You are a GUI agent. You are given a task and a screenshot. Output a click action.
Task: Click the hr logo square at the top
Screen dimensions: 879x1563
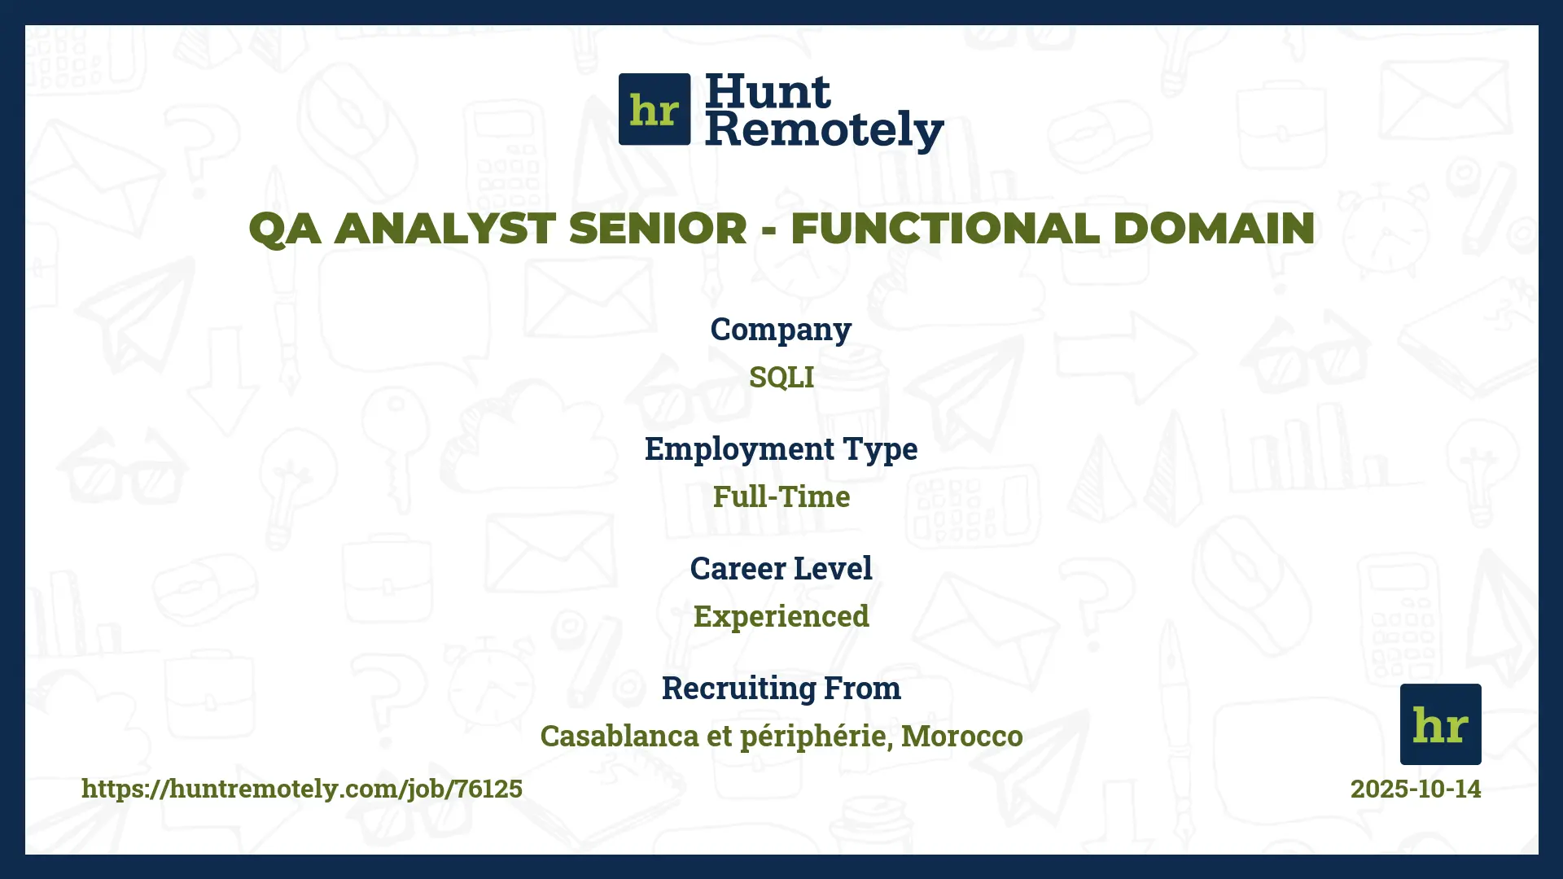655,109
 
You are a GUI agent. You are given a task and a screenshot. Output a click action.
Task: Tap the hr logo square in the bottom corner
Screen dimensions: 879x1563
1440,724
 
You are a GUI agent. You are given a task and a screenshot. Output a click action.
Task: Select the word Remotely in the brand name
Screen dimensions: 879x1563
824,130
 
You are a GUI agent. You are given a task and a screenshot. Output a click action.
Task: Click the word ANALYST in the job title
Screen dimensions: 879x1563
445,228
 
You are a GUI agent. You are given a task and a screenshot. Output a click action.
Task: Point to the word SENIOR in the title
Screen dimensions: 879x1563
658,228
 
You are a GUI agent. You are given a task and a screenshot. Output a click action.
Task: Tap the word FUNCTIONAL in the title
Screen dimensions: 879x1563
945,228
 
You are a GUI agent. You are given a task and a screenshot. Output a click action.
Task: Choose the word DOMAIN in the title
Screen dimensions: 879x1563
1213,228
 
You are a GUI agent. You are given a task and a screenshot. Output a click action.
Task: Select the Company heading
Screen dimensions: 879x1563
781,330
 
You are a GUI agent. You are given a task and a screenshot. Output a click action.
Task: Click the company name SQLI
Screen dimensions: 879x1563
781,377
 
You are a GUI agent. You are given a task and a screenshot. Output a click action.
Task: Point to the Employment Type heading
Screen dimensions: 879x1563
781,449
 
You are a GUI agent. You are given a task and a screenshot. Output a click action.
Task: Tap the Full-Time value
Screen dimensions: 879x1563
781,496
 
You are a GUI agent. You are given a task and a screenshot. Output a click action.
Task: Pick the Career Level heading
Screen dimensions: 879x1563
781,568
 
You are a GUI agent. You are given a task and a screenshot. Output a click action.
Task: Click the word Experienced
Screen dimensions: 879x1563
781,616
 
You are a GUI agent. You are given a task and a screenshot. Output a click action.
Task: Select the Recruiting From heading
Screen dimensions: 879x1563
781,688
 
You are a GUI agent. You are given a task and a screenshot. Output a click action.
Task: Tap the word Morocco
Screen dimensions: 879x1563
961,736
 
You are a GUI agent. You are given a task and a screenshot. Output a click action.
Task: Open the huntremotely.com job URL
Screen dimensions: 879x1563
302,788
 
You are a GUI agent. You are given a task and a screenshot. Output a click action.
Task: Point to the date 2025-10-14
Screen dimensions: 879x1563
1415,788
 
